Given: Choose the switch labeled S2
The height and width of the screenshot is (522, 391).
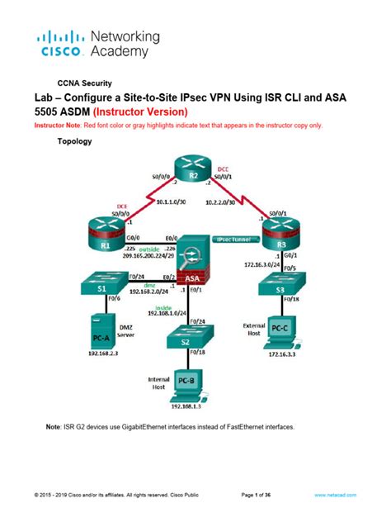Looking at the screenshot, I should click(x=190, y=339).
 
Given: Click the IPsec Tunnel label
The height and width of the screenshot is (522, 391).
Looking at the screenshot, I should click(x=236, y=238).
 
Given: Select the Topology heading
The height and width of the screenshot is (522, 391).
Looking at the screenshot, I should click(x=75, y=141).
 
